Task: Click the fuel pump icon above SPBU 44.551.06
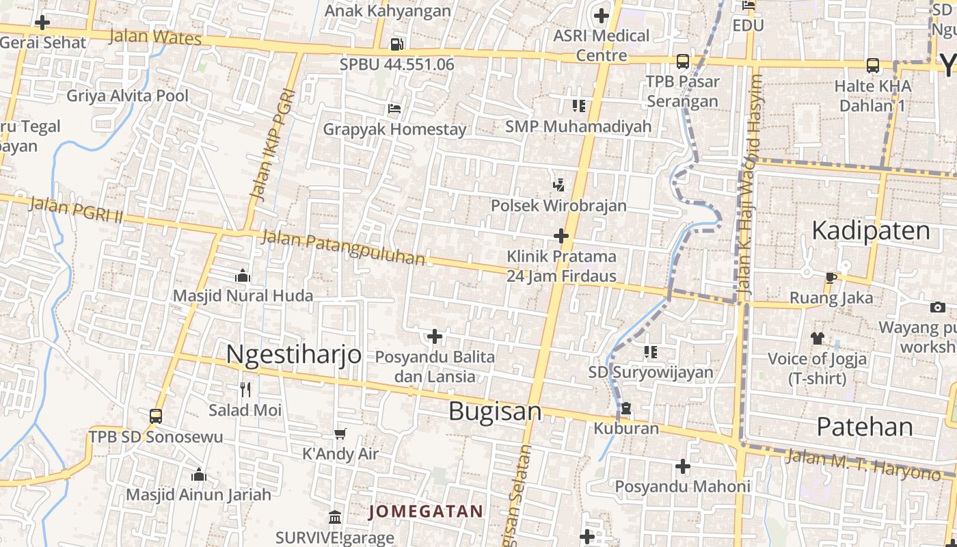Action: (x=396, y=45)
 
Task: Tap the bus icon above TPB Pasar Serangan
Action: (x=682, y=62)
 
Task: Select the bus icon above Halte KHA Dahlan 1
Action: (x=873, y=66)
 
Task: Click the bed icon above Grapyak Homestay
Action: (x=394, y=109)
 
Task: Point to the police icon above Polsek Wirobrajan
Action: (x=559, y=185)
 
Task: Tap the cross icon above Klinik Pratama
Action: (x=561, y=237)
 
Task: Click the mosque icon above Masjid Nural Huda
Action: (x=242, y=276)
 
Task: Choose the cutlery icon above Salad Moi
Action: (x=245, y=390)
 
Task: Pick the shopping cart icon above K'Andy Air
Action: (x=340, y=433)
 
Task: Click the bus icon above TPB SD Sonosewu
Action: (x=156, y=416)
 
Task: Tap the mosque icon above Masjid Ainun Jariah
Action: (x=199, y=475)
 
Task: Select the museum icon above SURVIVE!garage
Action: (x=335, y=517)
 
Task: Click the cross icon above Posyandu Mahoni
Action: (x=682, y=466)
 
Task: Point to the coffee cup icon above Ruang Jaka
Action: (x=831, y=278)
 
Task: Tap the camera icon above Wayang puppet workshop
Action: (x=938, y=307)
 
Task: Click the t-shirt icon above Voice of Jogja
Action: (x=818, y=338)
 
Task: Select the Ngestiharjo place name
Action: (x=293, y=354)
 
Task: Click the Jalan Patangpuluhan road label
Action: (x=343, y=248)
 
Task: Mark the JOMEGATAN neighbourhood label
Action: (x=426, y=511)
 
